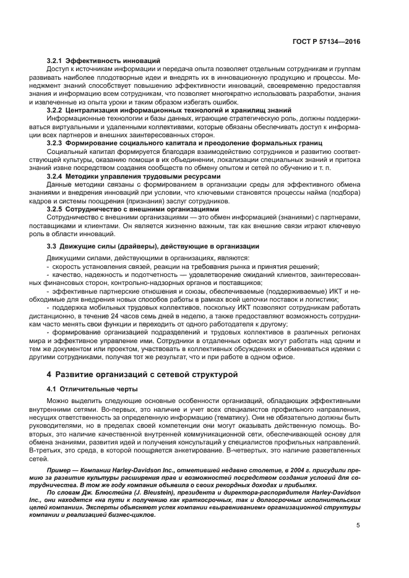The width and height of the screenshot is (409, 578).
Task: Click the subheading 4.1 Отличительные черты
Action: [92, 388]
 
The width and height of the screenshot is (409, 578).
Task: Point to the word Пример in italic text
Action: [60, 472]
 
